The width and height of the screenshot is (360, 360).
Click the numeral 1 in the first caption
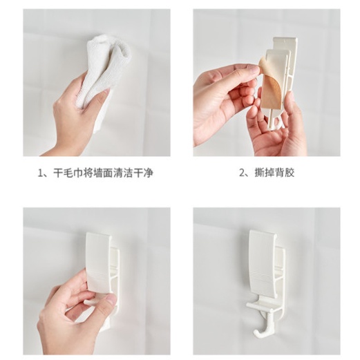tap(41, 173)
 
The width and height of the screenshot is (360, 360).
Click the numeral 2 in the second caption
tap(243, 173)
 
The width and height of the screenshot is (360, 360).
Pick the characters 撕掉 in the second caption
tap(265, 173)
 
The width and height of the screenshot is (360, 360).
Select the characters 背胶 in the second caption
tap(285, 173)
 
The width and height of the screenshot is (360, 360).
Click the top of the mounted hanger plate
tap(263, 234)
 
